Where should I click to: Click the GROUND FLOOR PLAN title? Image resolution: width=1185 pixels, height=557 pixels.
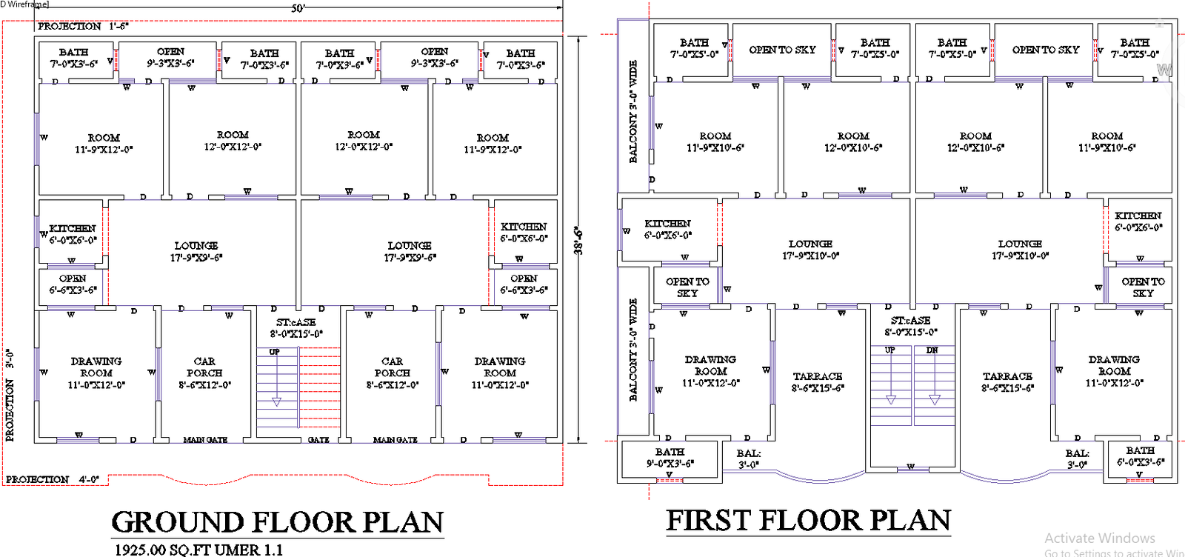[278, 522]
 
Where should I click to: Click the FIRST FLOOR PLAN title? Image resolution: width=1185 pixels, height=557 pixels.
[808, 521]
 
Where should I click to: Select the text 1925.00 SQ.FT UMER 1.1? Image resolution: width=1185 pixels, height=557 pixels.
[198, 550]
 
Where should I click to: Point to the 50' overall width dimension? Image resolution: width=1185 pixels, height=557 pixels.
[298, 9]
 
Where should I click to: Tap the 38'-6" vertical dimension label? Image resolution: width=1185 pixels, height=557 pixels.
[579, 241]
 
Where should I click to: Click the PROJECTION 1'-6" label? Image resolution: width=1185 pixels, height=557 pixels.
[83, 26]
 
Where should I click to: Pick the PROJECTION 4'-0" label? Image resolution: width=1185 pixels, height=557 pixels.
[53, 479]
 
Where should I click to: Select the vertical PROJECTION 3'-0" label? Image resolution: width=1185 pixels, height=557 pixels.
[10, 396]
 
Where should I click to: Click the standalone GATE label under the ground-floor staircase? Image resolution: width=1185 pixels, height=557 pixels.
[318, 440]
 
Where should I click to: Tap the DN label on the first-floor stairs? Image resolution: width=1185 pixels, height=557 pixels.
[932, 350]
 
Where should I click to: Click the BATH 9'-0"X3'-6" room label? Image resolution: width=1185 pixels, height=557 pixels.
[670, 457]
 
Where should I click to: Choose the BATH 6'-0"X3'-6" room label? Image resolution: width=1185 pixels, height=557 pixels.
[1141, 456]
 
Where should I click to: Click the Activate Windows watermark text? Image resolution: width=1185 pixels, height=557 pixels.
[1100, 538]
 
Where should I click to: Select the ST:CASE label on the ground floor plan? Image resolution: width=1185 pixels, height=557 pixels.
[296, 327]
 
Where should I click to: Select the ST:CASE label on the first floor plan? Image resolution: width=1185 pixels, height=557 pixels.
[910, 326]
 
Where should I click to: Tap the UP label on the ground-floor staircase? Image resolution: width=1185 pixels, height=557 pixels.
[274, 352]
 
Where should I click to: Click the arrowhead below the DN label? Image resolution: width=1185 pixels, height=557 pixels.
[935, 400]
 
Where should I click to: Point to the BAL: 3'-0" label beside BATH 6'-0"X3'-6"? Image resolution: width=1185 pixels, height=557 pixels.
[1078, 458]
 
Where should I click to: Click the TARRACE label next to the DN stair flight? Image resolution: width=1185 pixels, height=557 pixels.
[1007, 381]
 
